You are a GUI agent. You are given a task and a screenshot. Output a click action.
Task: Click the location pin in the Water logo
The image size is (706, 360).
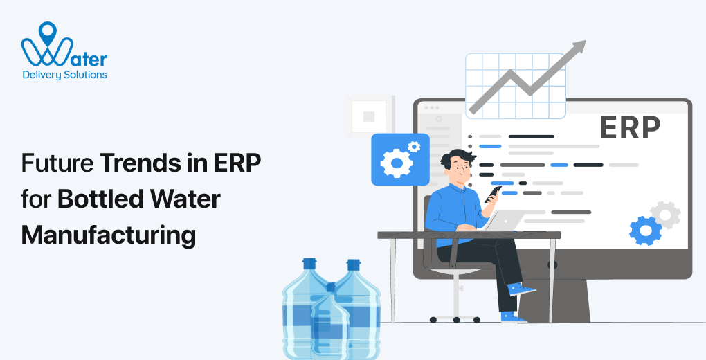(48, 30)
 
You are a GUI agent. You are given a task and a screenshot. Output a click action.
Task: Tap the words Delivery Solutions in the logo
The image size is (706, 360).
(64, 74)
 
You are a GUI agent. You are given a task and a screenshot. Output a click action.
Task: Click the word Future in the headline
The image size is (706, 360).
(57, 165)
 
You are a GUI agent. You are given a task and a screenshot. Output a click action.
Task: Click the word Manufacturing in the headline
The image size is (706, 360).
(109, 235)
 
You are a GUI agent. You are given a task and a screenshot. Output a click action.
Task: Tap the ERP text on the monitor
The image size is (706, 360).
(629, 127)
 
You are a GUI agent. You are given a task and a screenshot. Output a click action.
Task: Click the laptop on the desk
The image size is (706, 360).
(505, 221)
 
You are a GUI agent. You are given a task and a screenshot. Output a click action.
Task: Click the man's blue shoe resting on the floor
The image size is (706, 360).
(512, 316)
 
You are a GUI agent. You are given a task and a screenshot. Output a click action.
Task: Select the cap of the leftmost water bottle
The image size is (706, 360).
(309, 264)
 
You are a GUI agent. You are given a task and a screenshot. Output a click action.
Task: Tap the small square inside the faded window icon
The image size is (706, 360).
(369, 116)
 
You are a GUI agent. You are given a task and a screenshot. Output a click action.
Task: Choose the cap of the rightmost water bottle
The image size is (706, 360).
(354, 264)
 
